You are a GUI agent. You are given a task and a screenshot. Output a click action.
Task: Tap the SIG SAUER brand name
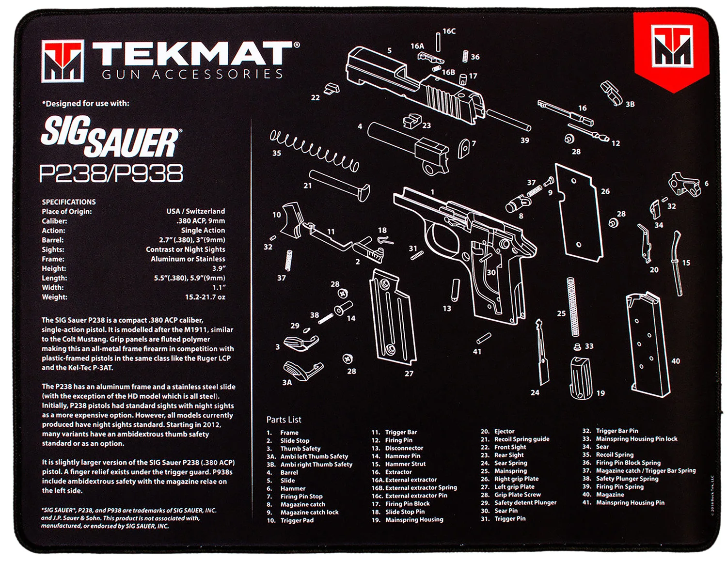(110, 137)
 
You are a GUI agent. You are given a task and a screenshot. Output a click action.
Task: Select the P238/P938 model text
(111, 173)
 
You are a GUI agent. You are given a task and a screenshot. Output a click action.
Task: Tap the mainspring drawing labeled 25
(573, 307)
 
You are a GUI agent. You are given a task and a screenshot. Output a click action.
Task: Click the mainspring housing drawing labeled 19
(581, 377)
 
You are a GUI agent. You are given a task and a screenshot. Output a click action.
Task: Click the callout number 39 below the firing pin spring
(525, 140)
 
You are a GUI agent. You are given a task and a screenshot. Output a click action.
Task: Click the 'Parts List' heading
(284, 420)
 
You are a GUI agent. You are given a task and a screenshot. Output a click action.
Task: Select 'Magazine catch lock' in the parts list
(309, 512)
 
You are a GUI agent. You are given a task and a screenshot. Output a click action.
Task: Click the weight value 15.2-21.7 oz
(205, 297)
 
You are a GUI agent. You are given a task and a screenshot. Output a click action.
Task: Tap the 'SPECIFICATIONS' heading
(69, 202)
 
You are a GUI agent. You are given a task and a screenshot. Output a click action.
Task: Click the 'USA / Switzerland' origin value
(195, 211)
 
